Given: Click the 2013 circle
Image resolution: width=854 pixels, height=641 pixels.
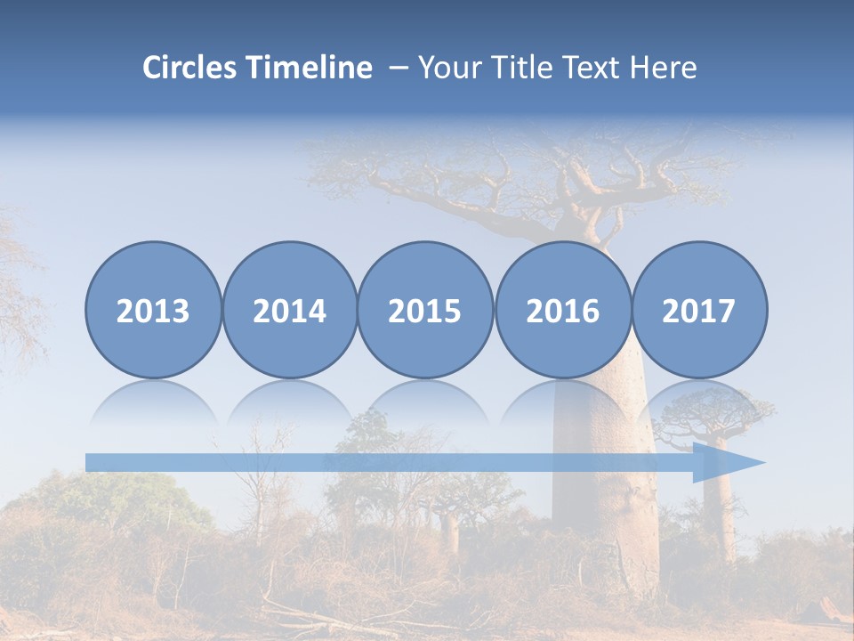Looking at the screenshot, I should pos(153,310).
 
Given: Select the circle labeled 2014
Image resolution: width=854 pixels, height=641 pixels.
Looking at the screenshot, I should pos(290,310).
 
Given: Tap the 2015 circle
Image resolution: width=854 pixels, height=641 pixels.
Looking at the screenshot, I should pos(425,310).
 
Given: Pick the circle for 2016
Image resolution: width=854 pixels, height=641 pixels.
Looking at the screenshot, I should pos(563,310).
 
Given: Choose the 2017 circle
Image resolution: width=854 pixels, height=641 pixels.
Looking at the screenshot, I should pos(699,310).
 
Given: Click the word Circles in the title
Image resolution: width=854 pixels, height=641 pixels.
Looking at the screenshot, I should pos(190,68).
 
